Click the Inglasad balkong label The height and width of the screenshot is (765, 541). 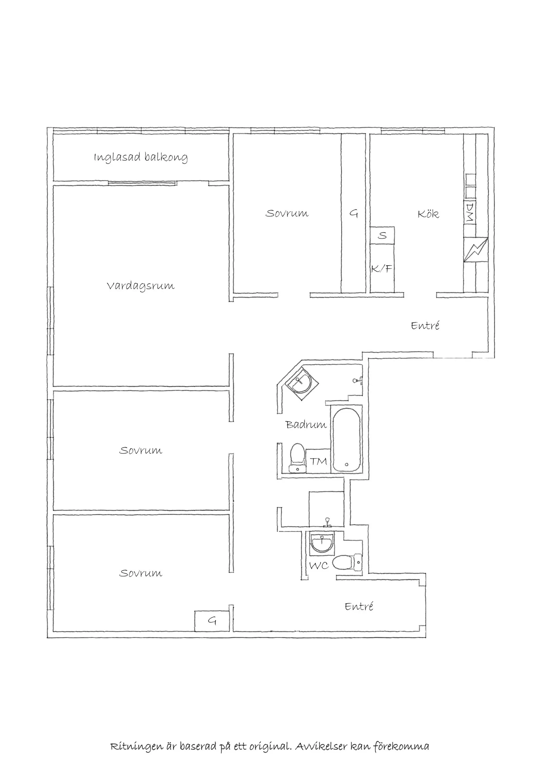141,157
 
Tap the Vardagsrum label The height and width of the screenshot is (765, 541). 141,286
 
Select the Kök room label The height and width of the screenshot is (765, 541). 429,213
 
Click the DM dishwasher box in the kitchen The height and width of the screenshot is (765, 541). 470,212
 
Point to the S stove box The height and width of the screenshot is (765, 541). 382,235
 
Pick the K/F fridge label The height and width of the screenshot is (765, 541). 381,269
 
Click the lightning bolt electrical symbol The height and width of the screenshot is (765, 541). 476,250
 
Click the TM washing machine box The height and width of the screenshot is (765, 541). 318,461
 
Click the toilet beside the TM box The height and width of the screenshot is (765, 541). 297,458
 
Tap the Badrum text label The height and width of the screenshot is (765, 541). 306,425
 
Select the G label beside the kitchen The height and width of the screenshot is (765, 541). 353,213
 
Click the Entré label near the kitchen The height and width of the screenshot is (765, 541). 425,325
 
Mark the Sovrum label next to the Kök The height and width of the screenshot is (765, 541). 287,213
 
